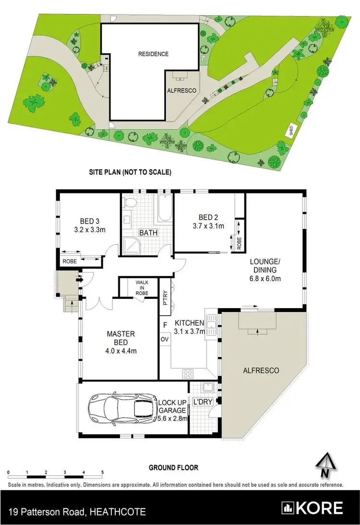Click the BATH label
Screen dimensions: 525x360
[x=147, y=233]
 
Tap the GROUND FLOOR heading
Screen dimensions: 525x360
[x=173, y=467]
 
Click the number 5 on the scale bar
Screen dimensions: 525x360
[x=102, y=472]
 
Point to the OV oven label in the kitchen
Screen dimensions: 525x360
[x=164, y=339]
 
